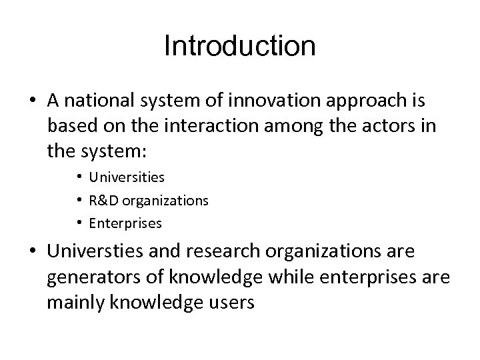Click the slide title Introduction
click(x=239, y=47)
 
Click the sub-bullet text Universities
click(x=127, y=178)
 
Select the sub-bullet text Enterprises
click(x=125, y=223)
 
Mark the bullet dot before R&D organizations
click(x=79, y=201)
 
